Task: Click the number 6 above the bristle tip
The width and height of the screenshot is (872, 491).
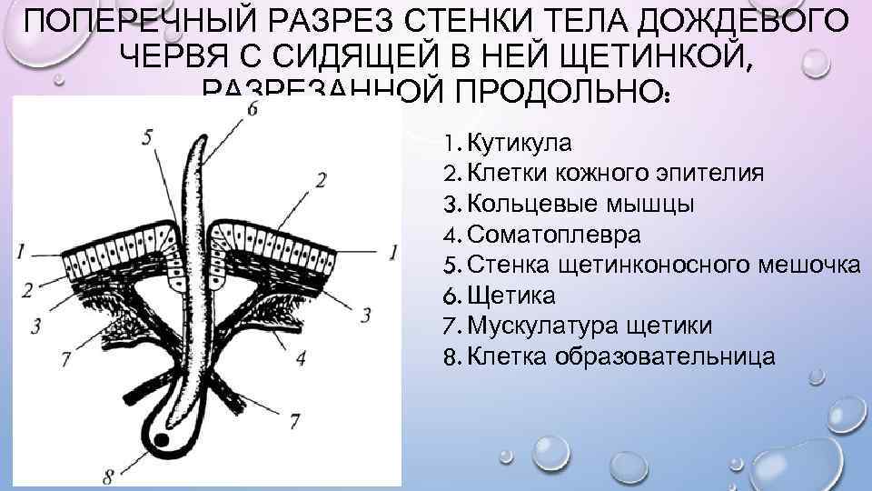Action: click(252, 108)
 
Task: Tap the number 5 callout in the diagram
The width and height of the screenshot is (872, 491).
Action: click(148, 138)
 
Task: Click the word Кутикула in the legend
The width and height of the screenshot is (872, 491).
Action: click(520, 143)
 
